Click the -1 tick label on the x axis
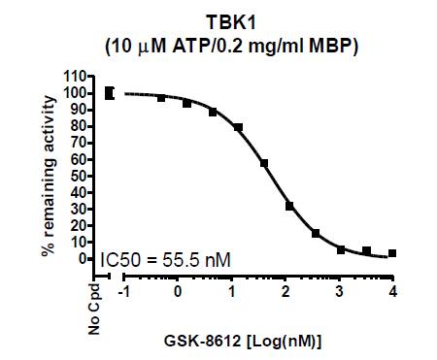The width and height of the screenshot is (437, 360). click(124, 292)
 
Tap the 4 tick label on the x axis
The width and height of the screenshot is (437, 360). click(392, 292)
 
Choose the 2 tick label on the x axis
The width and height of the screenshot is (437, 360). click(285, 292)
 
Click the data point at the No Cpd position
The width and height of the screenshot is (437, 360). click(109, 93)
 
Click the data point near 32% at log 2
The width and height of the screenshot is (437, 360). click(289, 206)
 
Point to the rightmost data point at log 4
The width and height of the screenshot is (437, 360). click(392, 253)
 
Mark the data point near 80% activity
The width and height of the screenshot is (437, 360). click(238, 127)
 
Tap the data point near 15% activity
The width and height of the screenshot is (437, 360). click(316, 233)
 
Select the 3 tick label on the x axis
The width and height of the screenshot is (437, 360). click(339, 292)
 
